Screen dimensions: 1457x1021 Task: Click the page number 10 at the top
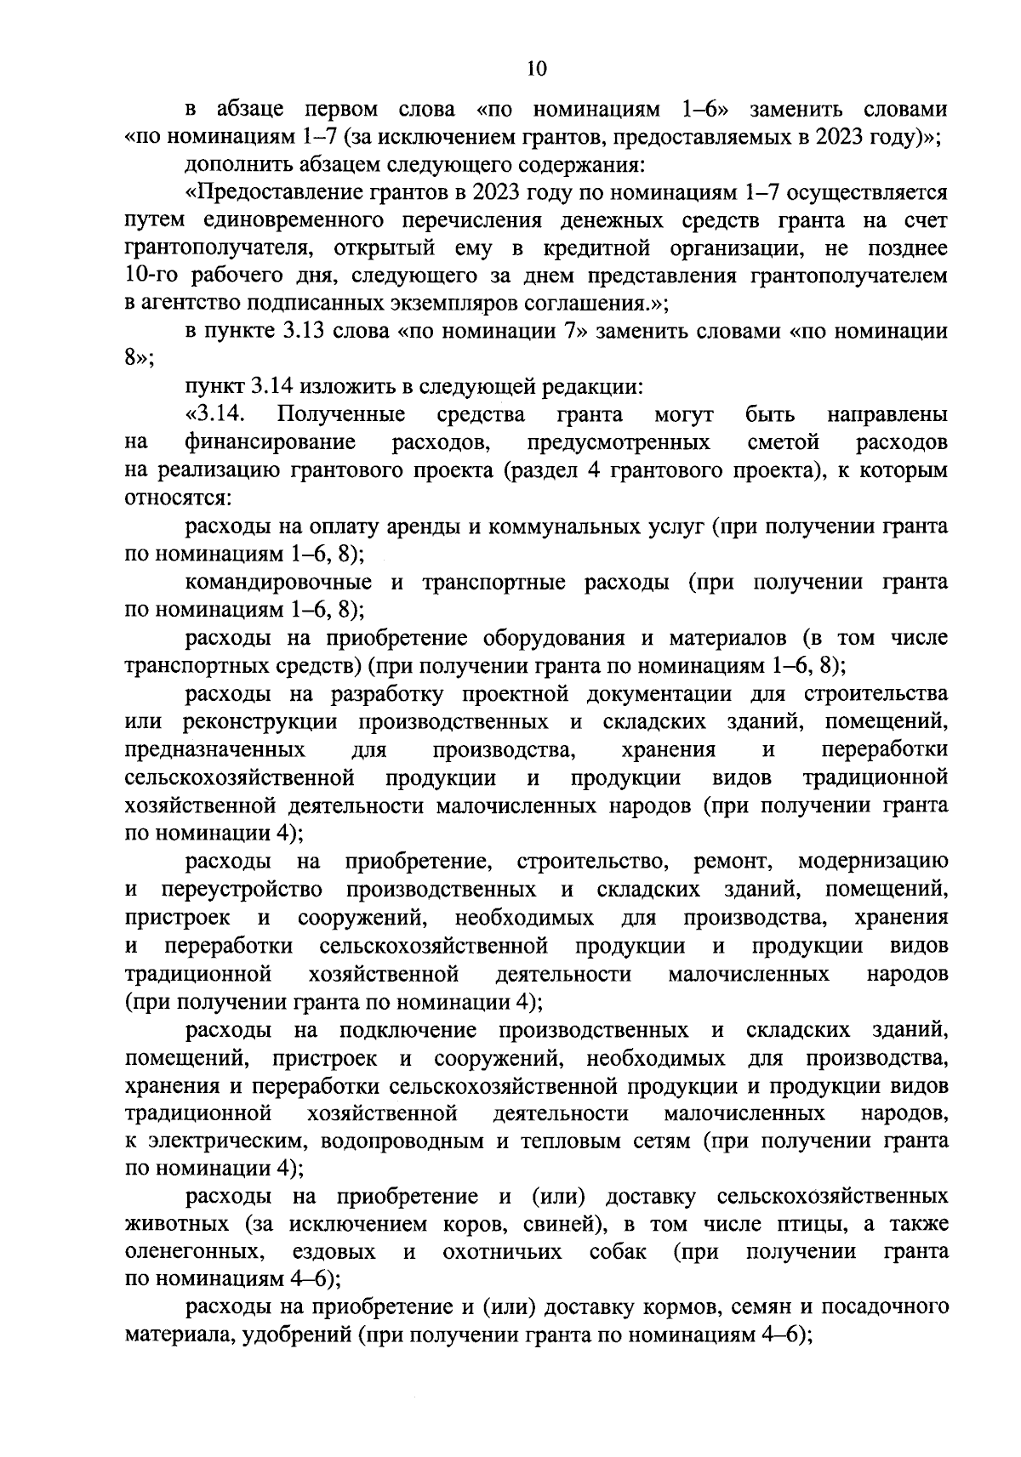pyautogui.click(x=534, y=69)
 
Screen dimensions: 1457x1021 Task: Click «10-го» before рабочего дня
pyautogui.click(x=150, y=276)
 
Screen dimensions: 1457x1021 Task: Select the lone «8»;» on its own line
pyautogui.click(x=139, y=359)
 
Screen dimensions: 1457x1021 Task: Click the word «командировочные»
pyautogui.click(x=278, y=583)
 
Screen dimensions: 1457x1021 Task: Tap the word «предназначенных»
pyautogui.click(x=215, y=750)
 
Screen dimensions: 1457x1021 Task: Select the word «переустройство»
pyautogui.click(x=241, y=890)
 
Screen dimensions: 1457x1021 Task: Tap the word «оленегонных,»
pyautogui.click(x=192, y=1253)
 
